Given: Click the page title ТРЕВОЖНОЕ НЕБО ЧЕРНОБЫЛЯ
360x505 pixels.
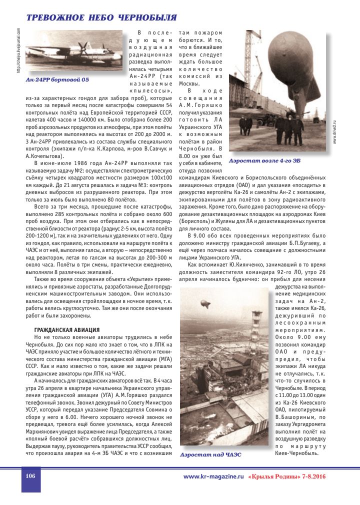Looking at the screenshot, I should tap(101, 18).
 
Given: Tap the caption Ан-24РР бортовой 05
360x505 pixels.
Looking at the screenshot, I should tap(57, 79).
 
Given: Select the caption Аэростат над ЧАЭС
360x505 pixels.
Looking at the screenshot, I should tap(210, 454).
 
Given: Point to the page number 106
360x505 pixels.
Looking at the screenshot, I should tap(30, 476).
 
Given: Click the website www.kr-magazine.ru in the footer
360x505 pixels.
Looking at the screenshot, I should tap(213, 476).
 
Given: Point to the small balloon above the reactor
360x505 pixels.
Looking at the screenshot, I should tap(204, 304).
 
